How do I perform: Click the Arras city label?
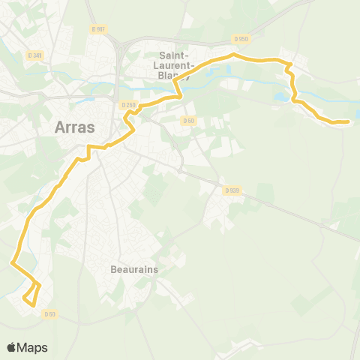pos(75,127)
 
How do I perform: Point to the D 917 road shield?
pos(97,29)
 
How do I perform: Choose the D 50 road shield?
pos(187,119)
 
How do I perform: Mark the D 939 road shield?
pos(231,191)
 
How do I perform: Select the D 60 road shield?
pos(49,313)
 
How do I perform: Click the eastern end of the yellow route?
pos(348,121)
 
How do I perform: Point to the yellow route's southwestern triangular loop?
pos(31,293)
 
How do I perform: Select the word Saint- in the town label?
pos(177,55)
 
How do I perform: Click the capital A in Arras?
pos(61,127)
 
